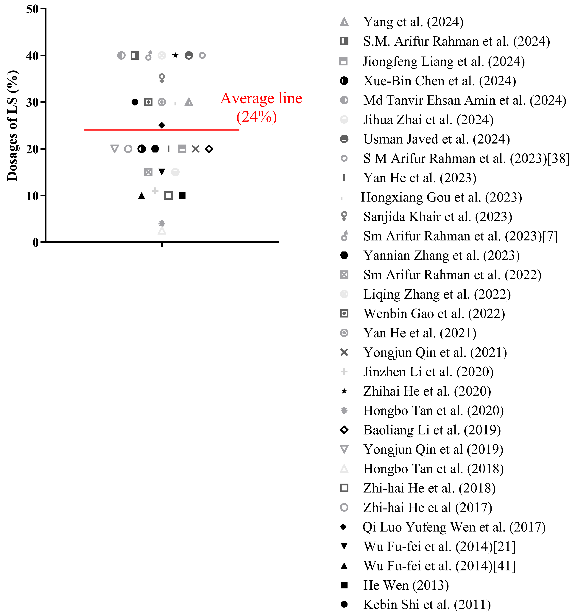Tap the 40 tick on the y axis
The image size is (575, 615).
[x=32, y=56]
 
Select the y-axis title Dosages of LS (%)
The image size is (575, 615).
[x=12, y=125]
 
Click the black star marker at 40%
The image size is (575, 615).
[x=175, y=55]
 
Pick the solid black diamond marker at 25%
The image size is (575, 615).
[x=162, y=125]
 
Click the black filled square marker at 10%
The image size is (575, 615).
[x=182, y=196]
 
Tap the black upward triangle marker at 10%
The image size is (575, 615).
[x=141, y=196]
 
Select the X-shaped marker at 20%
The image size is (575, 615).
[x=195, y=149]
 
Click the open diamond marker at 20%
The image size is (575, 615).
[x=209, y=149]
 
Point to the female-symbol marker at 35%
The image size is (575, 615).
[x=162, y=78]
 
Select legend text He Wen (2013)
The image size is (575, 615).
[x=406, y=585]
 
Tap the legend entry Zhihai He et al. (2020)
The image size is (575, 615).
[x=427, y=391]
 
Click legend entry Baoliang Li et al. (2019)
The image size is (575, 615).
[x=432, y=430]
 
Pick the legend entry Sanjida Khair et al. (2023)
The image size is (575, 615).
[x=437, y=217]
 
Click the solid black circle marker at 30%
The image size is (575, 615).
[x=135, y=102]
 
